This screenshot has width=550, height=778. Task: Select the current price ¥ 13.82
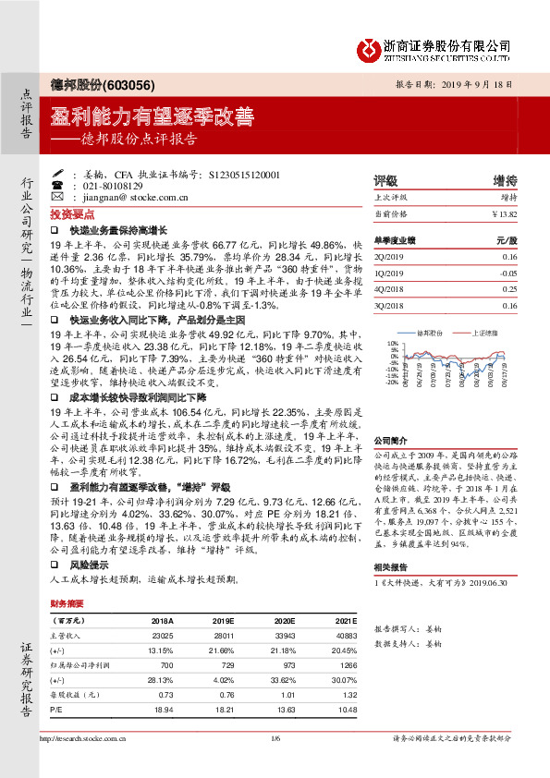point(504,214)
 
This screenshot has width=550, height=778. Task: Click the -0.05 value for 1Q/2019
point(505,274)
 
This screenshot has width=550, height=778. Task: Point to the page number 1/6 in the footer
point(275,763)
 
